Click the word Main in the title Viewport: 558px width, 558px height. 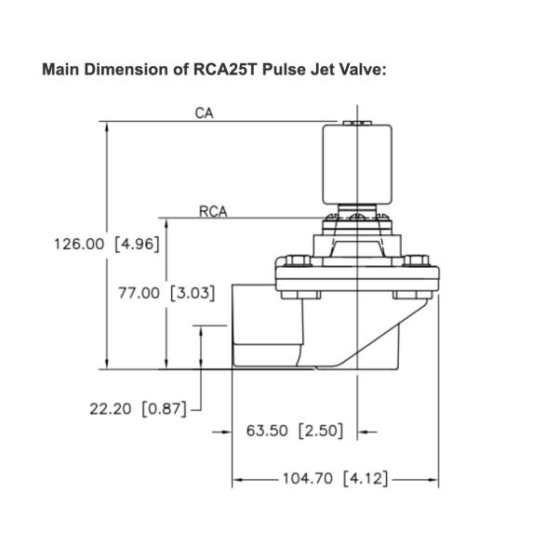[x=61, y=71]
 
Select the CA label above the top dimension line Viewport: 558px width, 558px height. [x=205, y=113]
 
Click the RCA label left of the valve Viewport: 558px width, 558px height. [x=213, y=211]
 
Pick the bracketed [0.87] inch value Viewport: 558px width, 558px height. [x=165, y=408]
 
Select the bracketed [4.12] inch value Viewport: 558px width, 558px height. [x=365, y=480]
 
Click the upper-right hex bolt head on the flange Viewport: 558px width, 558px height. [x=418, y=261]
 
